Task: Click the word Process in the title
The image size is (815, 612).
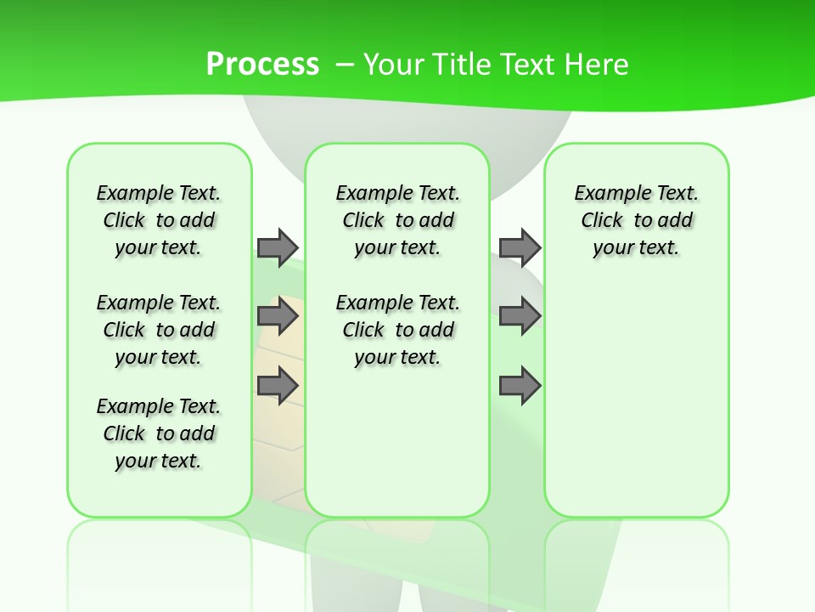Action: pos(262,64)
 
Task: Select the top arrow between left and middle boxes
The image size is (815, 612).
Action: pos(278,247)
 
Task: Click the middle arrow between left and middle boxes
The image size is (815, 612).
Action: pos(278,316)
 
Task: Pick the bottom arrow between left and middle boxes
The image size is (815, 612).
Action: pos(278,386)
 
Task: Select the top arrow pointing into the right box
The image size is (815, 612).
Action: pos(520,247)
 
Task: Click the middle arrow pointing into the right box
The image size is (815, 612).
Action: pos(520,316)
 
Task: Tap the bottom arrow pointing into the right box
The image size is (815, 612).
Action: pos(520,386)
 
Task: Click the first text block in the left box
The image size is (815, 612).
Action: pos(159,220)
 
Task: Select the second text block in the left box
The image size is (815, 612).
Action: pos(159,330)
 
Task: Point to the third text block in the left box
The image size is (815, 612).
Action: pos(159,433)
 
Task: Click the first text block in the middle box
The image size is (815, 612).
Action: pos(397,220)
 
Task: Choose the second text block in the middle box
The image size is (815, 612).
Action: pos(397,330)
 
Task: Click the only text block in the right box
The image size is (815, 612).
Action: pos(636,220)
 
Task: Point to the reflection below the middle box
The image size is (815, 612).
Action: pos(397,552)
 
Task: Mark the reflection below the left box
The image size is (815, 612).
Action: pos(159,552)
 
